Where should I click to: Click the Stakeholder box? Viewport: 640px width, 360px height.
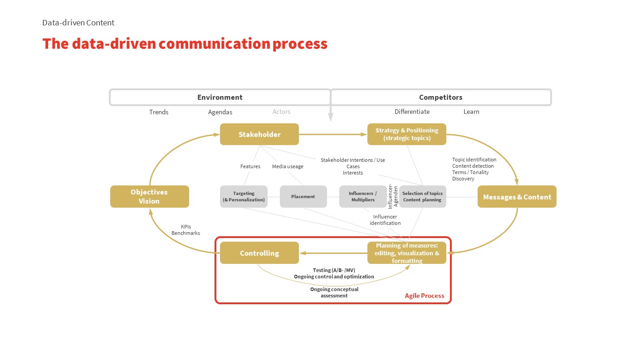click(259, 134)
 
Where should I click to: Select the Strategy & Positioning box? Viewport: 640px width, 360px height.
click(406, 134)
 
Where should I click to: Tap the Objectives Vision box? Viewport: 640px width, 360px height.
click(149, 197)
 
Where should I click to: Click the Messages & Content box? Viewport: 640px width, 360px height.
click(517, 197)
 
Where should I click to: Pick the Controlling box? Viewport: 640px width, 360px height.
click(259, 253)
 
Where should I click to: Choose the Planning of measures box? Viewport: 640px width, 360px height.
click(406, 253)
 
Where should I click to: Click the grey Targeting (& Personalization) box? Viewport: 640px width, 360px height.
click(244, 197)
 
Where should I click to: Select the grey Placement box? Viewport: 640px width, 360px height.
click(303, 197)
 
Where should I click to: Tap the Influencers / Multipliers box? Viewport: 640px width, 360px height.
click(362, 197)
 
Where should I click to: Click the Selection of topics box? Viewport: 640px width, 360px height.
click(423, 197)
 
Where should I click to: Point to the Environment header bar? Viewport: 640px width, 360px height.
click(220, 97)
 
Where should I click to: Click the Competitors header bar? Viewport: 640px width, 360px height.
click(440, 97)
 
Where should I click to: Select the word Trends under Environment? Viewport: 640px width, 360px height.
click(159, 112)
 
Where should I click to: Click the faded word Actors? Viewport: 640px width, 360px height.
click(281, 112)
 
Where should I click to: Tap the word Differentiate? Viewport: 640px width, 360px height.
click(412, 112)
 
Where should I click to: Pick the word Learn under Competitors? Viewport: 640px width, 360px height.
click(471, 112)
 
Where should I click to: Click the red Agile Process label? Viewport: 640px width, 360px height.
click(425, 296)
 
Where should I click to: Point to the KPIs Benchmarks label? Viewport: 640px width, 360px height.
click(186, 230)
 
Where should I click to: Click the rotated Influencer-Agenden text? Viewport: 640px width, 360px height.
click(393, 196)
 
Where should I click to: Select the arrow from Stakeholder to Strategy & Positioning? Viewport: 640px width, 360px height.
click(333, 134)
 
